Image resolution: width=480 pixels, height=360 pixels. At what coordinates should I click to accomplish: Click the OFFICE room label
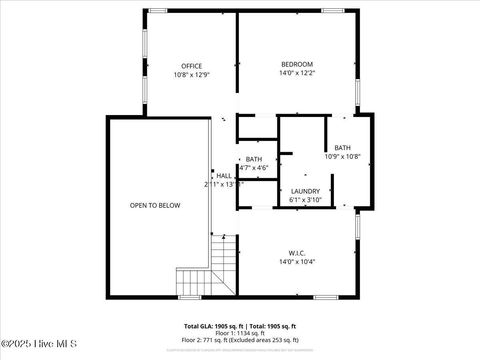(191, 66)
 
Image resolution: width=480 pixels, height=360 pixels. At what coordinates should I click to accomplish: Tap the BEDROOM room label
(296, 64)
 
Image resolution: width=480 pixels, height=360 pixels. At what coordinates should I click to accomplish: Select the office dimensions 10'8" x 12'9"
(191, 75)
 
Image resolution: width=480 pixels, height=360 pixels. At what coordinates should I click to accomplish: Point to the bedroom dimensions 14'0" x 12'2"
(296, 73)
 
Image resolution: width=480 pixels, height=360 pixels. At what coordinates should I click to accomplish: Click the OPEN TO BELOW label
(155, 205)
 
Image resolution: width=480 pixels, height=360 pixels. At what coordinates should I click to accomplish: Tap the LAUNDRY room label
(305, 191)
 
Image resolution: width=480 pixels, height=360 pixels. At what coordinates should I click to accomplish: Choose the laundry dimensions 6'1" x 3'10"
(305, 200)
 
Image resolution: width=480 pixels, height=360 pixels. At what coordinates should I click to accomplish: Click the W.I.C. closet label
(296, 252)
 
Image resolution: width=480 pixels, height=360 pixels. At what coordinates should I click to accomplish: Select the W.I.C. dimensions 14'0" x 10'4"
(296, 261)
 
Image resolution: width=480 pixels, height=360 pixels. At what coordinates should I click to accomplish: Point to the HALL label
(224, 176)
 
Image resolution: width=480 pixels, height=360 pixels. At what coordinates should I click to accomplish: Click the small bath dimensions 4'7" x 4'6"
(254, 167)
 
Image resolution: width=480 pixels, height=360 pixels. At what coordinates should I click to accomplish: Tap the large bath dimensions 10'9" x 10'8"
(342, 156)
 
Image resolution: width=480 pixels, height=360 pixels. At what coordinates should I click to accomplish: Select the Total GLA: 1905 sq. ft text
(211, 326)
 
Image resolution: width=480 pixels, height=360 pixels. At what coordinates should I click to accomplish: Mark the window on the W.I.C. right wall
(357, 224)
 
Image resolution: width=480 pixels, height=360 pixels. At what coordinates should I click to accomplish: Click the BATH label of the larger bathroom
(342, 147)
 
